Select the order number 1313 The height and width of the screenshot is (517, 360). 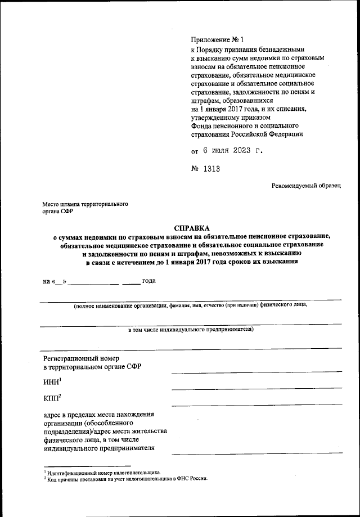pyautogui.click(x=211, y=168)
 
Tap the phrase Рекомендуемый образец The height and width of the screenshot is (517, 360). pyautogui.click(x=306, y=185)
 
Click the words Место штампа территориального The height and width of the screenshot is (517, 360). pyautogui.click(x=86, y=204)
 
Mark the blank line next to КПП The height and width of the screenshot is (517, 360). pyautogui.click(x=256, y=405)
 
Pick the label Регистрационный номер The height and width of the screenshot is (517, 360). pyautogui.click(x=81, y=358)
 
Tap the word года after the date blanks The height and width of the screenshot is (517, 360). pyautogui.click(x=149, y=280)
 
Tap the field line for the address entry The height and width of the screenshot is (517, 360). pyautogui.click(x=256, y=453)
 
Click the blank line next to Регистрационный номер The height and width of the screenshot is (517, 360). pyautogui.click(x=256, y=371)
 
